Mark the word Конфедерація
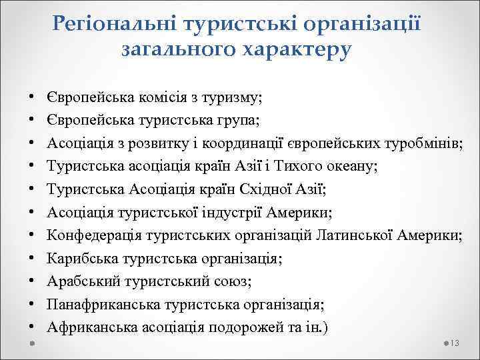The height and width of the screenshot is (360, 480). click(x=90, y=236)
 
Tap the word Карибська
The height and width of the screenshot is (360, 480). click(x=79, y=259)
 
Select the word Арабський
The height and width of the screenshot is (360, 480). click(x=80, y=282)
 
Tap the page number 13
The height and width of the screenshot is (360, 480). click(x=456, y=343)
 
